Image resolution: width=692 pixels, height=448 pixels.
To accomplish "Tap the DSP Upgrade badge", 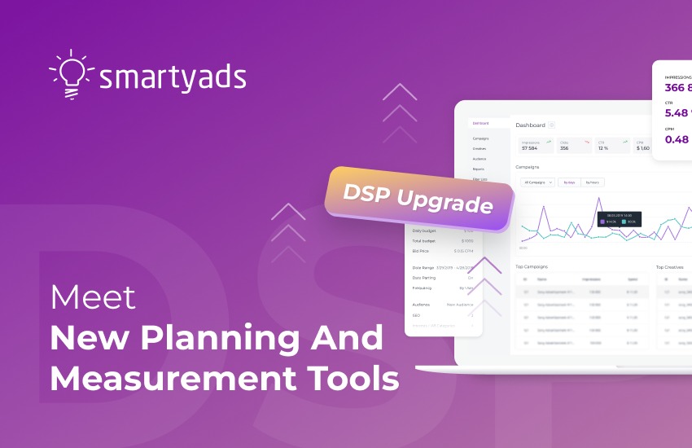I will (418, 198).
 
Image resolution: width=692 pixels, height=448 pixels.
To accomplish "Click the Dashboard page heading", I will (530, 125).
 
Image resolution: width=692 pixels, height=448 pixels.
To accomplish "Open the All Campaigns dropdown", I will (538, 182).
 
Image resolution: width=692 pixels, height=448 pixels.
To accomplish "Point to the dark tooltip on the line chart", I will (620, 219).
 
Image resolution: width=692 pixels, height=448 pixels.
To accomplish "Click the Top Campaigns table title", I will (532, 266).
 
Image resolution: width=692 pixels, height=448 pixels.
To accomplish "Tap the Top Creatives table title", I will (669, 266).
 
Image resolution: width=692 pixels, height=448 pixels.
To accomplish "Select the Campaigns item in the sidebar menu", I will (480, 138).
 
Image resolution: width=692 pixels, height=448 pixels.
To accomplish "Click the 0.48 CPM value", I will (677, 139).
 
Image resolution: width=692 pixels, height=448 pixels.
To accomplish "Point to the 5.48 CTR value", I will (677, 112).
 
